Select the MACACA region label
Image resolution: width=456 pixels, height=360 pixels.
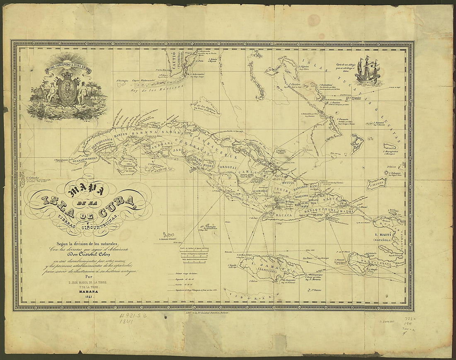[283, 216]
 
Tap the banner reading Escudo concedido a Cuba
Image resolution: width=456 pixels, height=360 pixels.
[68, 66]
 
